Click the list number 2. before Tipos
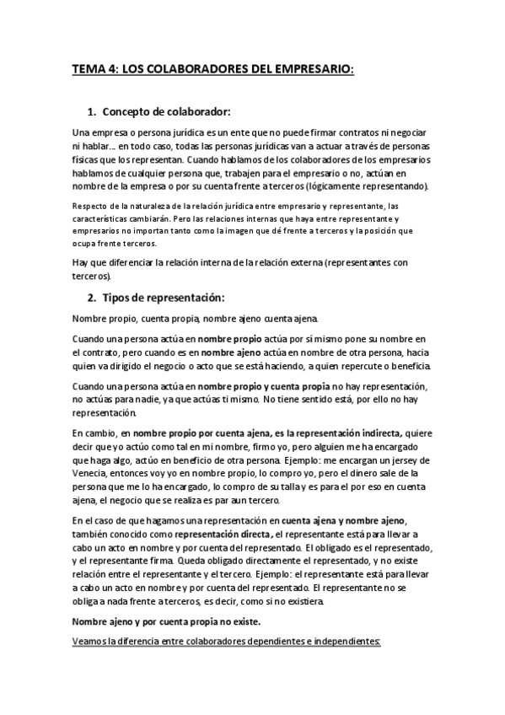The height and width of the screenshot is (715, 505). coord(93,298)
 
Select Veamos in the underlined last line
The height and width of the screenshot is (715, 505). coord(92,641)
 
